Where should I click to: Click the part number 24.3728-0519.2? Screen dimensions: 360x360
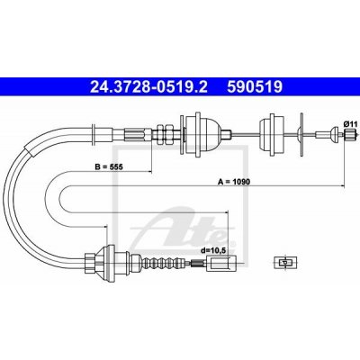click(149, 87)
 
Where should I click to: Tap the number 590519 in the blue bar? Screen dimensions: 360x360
click(255, 87)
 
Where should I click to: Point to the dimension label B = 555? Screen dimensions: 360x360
click(109, 166)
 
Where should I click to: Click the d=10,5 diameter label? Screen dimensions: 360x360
click(213, 249)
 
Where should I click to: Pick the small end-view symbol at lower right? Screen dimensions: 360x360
click(284, 263)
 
